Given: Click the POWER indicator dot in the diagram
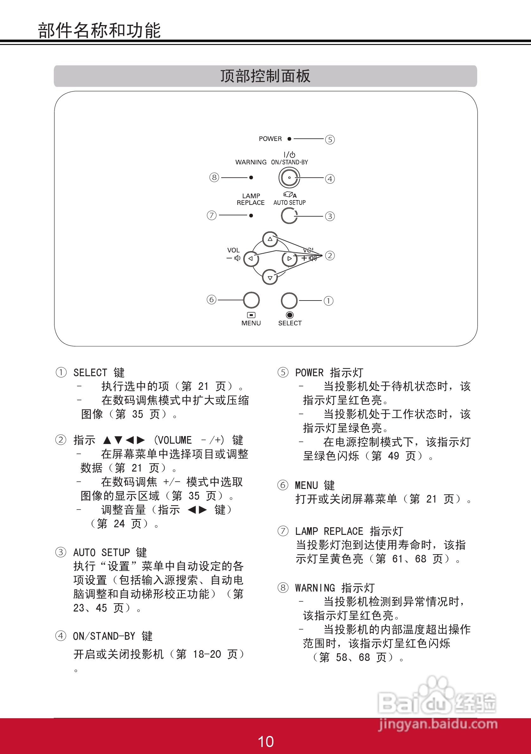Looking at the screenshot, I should tap(289, 139).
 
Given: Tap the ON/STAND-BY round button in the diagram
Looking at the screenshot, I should tap(289, 178).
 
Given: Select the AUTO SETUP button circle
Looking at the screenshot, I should tap(289, 216).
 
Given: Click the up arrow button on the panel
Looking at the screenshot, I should tap(270, 239).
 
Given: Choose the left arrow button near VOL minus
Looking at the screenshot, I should tap(251, 258).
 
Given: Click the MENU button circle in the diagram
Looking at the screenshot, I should tap(251, 300).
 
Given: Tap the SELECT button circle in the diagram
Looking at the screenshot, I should tap(289, 300).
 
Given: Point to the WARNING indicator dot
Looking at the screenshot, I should tap(251, 178).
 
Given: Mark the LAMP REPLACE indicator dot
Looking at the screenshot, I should tap(251, 216).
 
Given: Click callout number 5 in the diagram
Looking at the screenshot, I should tap(330, 140).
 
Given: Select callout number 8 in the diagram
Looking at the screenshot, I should tap(214, 178).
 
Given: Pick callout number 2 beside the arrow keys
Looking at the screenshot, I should tap(330, 256).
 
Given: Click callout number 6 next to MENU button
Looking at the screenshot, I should tap(212, 300).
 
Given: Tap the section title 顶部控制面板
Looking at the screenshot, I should tap(265, 76).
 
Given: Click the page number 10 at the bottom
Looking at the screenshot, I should tap(266, 742).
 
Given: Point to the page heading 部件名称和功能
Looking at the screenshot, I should tap(99, 30).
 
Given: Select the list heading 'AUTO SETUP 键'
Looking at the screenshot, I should tap(110, 552).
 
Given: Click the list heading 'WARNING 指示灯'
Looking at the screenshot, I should tap(335, 587).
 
